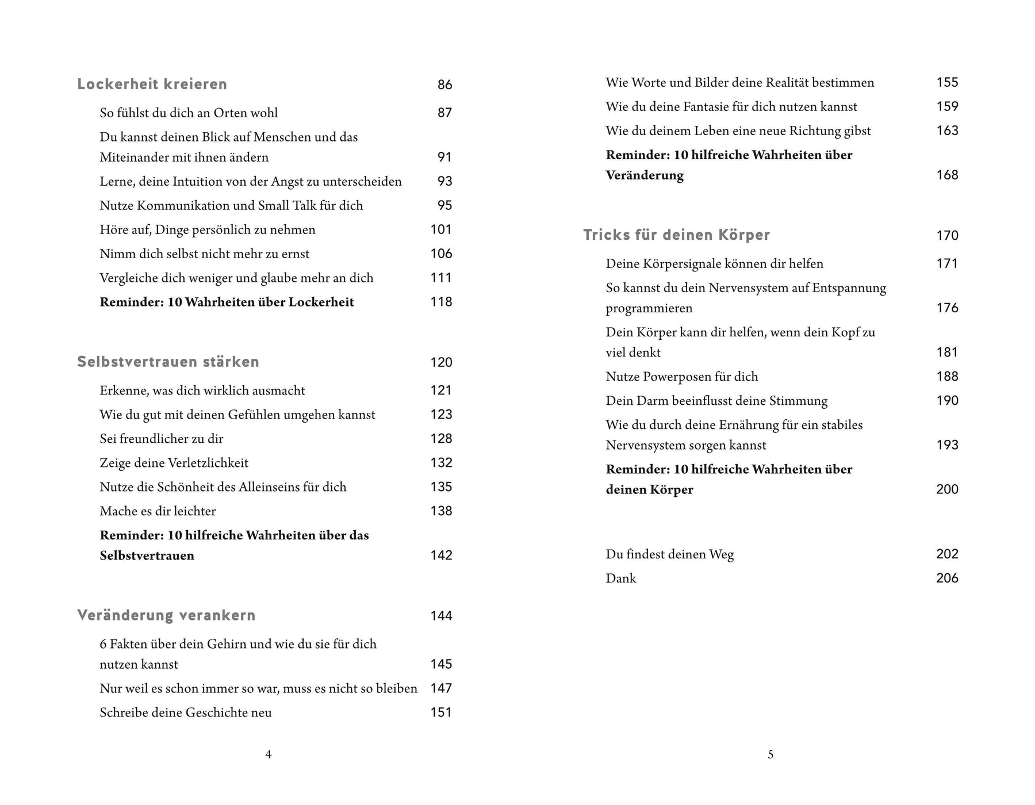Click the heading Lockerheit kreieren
point(152,85)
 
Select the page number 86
point(444,85)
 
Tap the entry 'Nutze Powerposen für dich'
point(681,377)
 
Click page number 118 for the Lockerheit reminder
point(441,302)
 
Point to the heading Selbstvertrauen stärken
point(168,362)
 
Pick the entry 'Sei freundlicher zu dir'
point(161,439)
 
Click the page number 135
point(441,487)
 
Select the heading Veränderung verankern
point(166,616)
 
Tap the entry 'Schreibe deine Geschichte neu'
point(185,712)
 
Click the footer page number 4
point(268,754)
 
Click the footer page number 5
point(770,754)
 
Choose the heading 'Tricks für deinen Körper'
point(676,235)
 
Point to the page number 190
point(947,401)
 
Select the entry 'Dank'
point(620,578)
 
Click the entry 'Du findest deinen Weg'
point(669,554)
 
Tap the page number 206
point(947,578)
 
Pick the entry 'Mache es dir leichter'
point(158,511)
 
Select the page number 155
point(947,83)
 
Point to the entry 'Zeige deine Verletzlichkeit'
point(174,463)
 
